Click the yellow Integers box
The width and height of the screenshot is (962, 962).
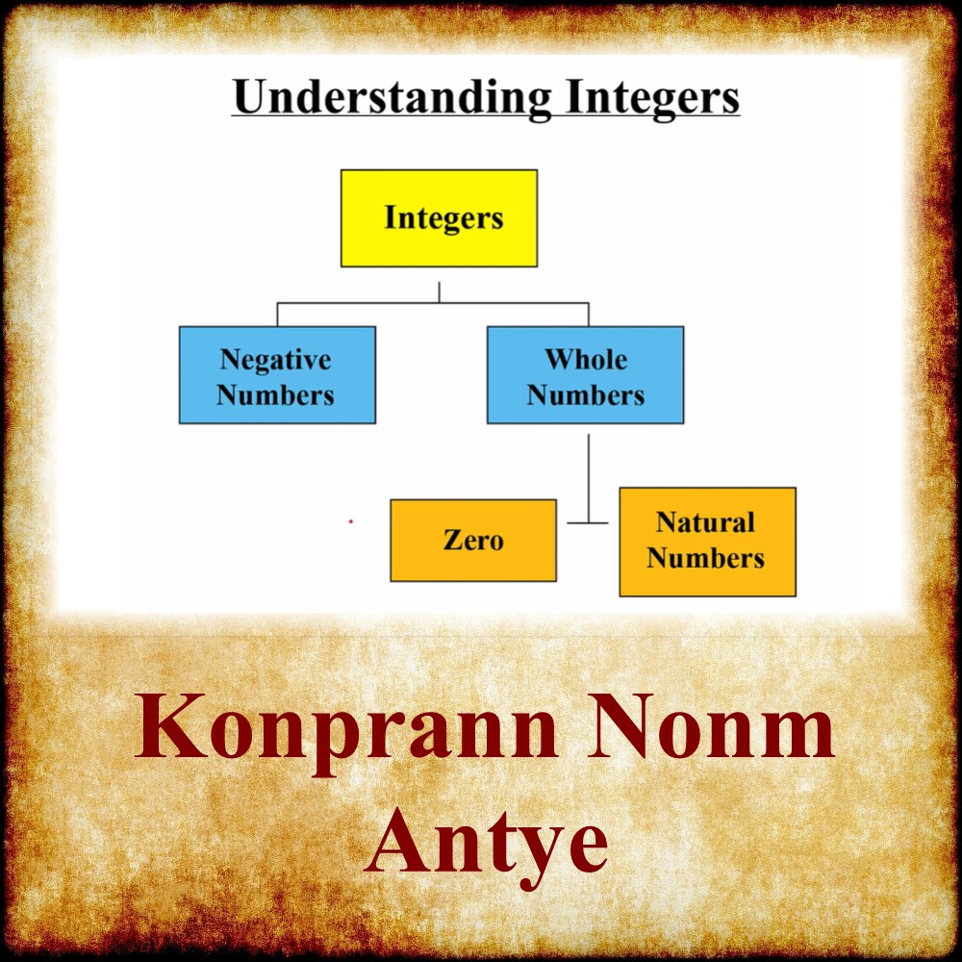coord(439,218)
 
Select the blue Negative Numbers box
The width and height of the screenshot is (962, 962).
coord(277,375)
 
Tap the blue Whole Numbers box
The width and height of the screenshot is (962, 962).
coord(585,375)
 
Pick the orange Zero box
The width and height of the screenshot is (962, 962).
coord(472,540)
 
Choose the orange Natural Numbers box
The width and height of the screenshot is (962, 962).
coord(707,542)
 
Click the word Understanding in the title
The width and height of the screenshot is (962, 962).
coord(392,98)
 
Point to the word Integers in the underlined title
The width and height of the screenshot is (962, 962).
coord(650,98)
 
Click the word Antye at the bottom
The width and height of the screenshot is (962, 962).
coord(486,839)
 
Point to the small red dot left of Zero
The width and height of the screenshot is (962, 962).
coord(351,521)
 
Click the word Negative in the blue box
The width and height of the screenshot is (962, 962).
coord(276,360)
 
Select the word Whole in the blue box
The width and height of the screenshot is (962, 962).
coord(586,360)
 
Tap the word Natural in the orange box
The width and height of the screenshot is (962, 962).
coord(705,522)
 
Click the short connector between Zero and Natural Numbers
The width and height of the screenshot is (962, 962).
coord(588,523)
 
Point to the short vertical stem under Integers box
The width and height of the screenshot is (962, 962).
coord(440,292)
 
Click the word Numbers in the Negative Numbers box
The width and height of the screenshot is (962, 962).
coord(276,395)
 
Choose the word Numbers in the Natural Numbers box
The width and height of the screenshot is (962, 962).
coord(705,558)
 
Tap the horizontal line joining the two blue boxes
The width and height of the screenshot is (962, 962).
coord(433,303)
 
